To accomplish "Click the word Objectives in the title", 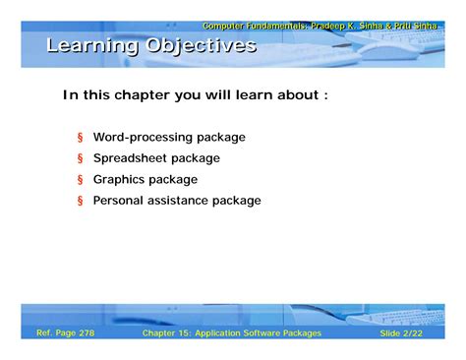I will click(202, 46).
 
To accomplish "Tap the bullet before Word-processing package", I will click(81, 138).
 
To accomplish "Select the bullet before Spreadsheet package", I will click(81, 158).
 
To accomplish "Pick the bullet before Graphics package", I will click(81, 180).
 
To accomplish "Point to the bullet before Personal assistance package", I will click(81, 201).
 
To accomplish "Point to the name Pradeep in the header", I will click(328, 26).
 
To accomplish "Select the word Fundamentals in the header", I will click(273, 26).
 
